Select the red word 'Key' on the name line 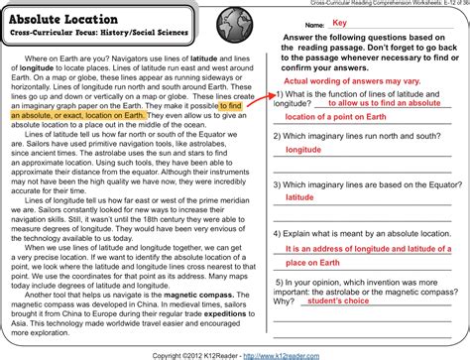339,23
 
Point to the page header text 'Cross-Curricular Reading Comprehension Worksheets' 376,5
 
